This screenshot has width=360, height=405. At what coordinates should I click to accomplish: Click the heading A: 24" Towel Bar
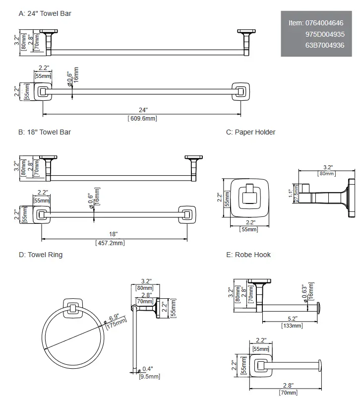tap(45, 13)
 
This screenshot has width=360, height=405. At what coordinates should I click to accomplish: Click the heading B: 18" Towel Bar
tap(45, 132)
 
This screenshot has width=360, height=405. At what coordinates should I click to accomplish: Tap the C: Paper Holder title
tap(250, 132)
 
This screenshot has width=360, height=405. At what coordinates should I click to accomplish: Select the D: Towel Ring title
tap(41, 255)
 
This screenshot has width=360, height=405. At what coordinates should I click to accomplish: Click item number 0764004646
tap(325, 23)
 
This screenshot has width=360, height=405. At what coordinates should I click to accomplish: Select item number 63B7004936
tap(325, 45)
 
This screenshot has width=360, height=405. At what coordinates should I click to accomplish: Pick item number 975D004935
tap(325, 34)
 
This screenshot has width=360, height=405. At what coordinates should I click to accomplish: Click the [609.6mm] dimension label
tap(142, 119)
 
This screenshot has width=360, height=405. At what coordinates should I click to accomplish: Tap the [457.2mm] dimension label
tap(110, 243)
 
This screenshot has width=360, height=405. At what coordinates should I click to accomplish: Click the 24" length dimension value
tap(142, 110)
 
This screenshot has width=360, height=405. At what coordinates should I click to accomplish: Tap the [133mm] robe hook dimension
tap(292, 326)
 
